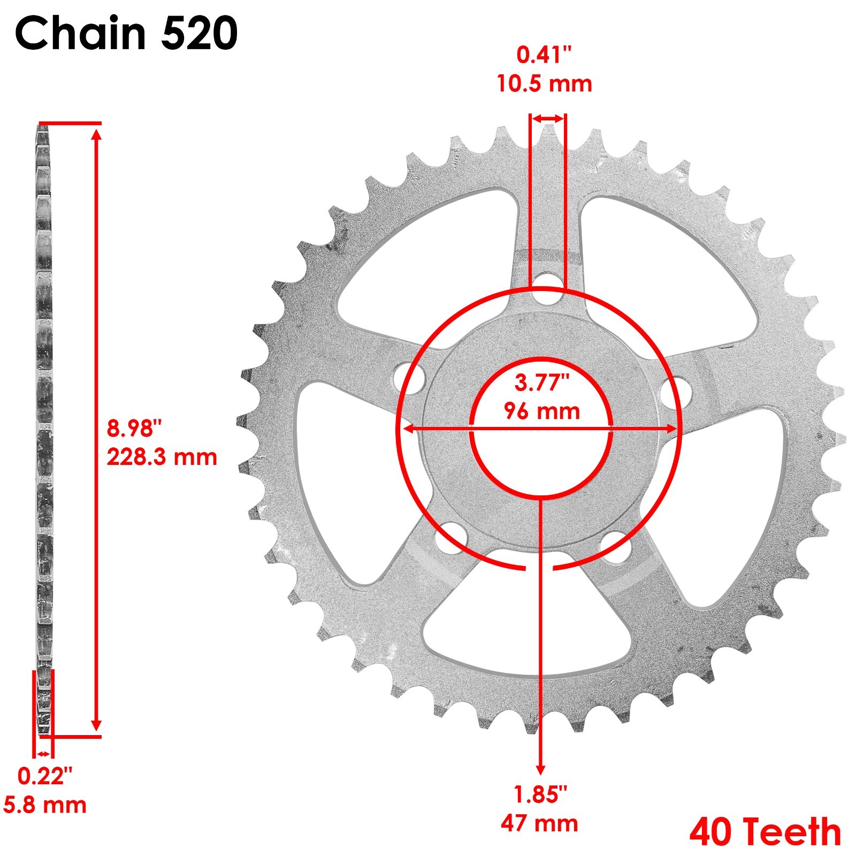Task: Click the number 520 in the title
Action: point(199,33)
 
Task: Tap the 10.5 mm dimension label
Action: point(544,84)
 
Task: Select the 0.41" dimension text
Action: point(544,55)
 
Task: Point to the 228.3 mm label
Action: point(162,457)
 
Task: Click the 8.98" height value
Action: point(134,428)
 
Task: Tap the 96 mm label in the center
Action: point(541,411)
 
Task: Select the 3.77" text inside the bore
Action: point(541,383)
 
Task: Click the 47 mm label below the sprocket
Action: point(539,823)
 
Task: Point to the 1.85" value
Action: point(539,794)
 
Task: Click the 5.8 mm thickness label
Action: point(45,805)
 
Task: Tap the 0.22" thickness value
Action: point(45,776)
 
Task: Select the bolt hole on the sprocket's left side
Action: point(410,378)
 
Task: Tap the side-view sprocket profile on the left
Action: point(44,428)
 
